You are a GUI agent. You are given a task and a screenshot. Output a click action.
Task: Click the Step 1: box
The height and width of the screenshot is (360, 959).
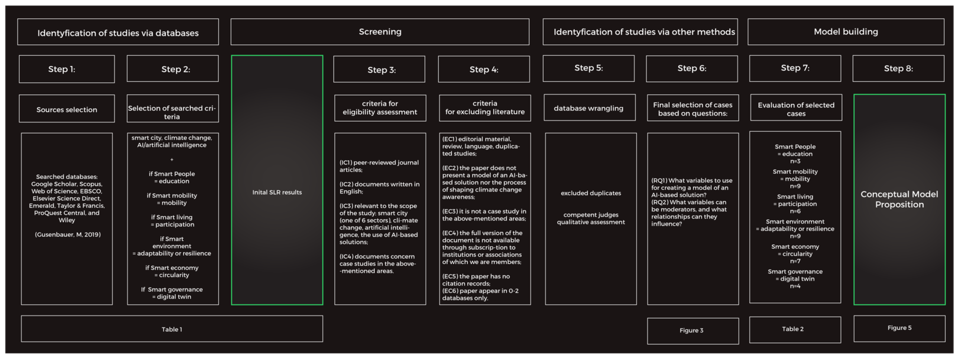coord(67,69)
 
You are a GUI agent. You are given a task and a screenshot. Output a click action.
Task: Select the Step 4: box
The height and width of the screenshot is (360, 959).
coord(484,69)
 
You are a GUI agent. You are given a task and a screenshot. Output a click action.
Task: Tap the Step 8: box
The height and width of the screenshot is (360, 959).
coord(898,68)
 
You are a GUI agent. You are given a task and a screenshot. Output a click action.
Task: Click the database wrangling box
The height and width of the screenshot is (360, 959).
coord(589,108)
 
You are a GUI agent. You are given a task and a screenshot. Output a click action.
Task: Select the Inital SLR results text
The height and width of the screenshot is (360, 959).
coord(277,192)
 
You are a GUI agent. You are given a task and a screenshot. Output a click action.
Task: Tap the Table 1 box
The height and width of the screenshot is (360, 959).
coord(172,329)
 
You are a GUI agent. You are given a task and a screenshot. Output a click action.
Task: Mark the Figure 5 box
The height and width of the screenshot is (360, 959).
coord(899,328)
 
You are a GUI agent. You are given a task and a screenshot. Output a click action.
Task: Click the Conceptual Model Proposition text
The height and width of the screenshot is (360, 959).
coord(899,199)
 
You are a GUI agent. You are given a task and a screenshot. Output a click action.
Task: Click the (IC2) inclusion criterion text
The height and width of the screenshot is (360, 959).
coord(379,188)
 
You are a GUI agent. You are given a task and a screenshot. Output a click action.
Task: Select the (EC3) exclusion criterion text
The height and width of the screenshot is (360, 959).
coord(484,215)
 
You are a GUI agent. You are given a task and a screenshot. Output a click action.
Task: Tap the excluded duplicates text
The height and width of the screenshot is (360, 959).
coord(591,193)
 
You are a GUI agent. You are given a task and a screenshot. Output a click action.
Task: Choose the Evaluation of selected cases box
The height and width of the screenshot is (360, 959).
coord(796,109)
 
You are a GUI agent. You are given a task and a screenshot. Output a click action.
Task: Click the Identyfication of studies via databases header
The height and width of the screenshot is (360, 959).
coord(118,33)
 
